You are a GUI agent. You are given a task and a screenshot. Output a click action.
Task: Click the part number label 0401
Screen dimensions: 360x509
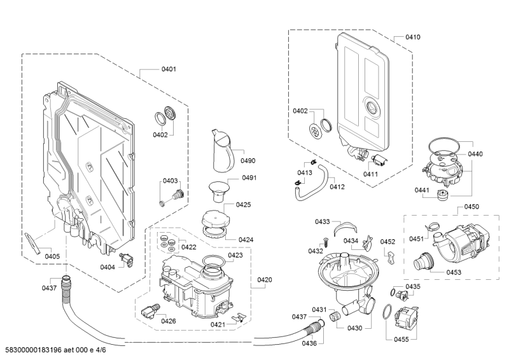tap(169, 69)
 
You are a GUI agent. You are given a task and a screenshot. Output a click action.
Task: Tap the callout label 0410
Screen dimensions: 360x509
tap(413, 38)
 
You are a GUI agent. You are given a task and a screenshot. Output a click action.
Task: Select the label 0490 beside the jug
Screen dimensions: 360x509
tap(248, 161)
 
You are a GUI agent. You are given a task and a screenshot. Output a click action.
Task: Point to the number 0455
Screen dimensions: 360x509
tap(401, 340)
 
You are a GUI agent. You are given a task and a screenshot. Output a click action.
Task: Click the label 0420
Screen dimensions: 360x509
tap(265, 280)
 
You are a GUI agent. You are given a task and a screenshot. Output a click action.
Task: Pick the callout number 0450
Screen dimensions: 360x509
tap(471, 207)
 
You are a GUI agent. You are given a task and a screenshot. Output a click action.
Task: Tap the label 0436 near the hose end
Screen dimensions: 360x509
tap(309, 343)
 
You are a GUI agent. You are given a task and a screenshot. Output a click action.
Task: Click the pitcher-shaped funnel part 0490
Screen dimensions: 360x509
tap(220, 151)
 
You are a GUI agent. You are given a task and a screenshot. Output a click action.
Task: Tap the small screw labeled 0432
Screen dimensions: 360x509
tap(324, 240)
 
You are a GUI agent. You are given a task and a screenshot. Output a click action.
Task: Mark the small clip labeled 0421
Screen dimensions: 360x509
tap(239, 316)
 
